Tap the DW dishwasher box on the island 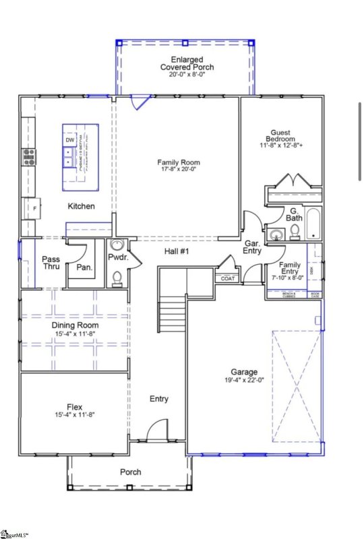click(70, 139)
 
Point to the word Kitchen click(81, 206)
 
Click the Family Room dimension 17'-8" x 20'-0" click(179, 170)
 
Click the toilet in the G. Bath click(295, 232)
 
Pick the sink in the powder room click(117, 246)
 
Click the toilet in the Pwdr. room click(117, 277)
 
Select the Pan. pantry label click(85, 267)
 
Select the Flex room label click(75, 406)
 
